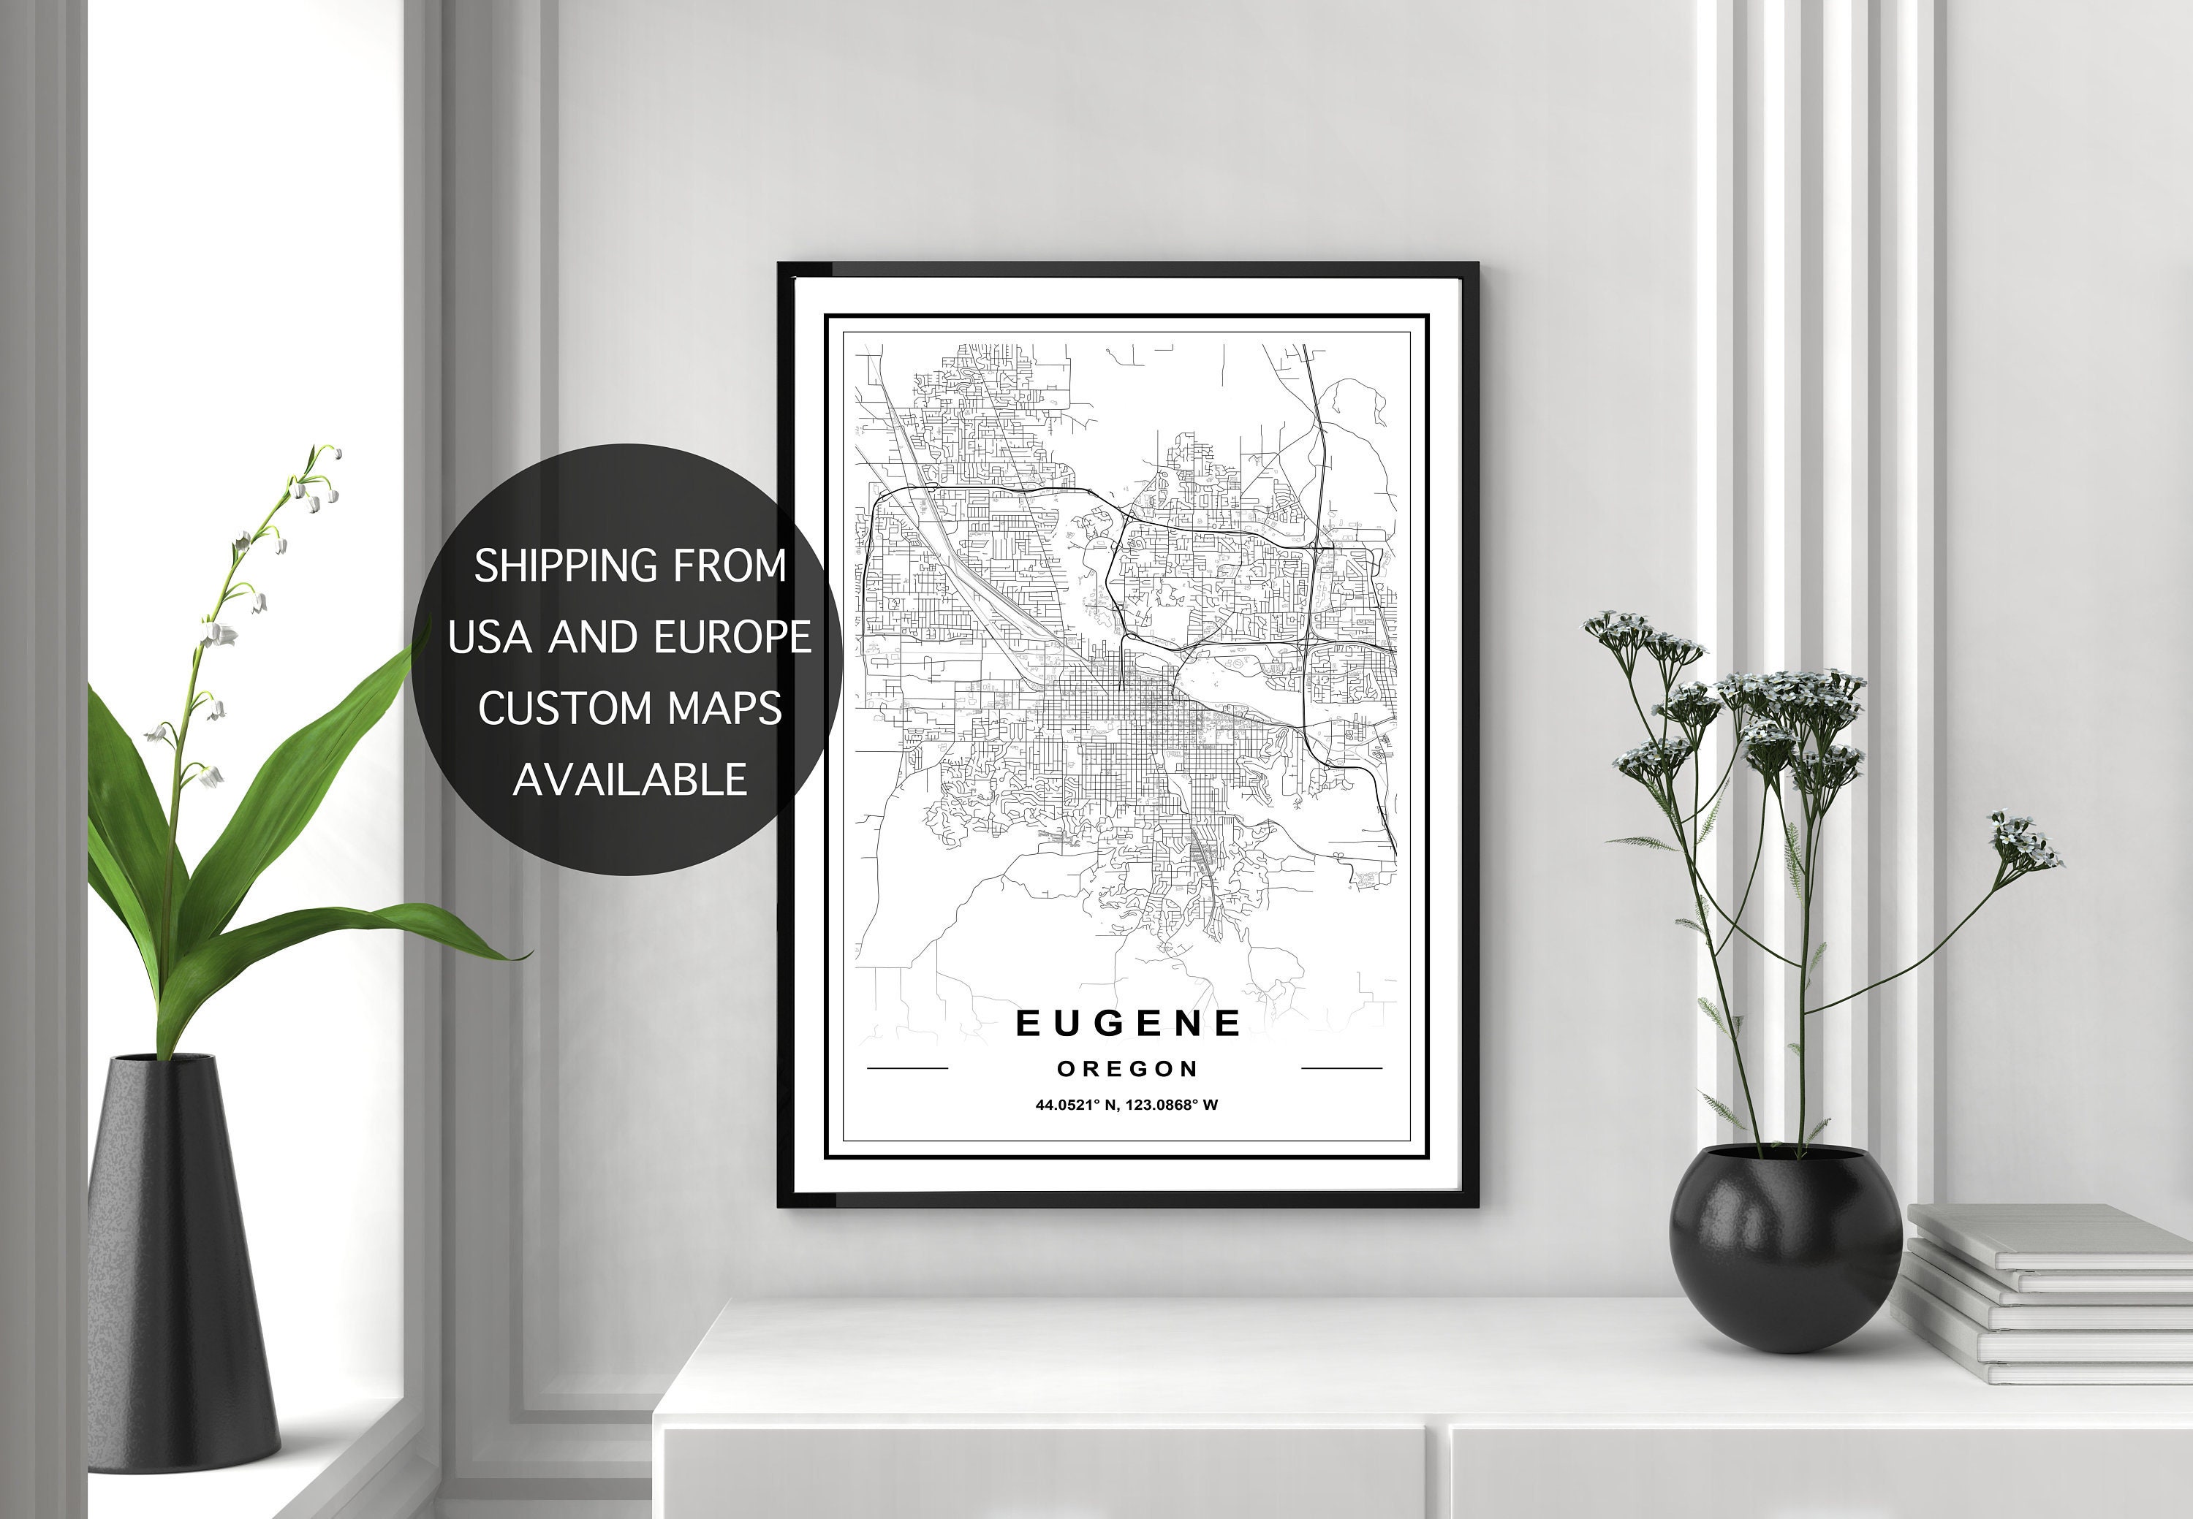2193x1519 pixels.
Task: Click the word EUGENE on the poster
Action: point(1129,1023)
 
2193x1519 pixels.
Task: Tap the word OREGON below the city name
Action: point(1127,1069)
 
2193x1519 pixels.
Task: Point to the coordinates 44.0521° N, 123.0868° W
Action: point(1126,1105)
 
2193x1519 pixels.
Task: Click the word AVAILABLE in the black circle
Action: point(629,780)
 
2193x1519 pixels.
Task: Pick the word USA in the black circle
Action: point(490,636)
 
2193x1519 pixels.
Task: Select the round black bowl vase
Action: point(1772,1246)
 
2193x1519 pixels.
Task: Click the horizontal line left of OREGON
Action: point(907,1069)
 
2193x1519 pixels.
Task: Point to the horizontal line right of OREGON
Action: point(1341,1069)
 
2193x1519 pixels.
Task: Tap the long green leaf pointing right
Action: point(381,928)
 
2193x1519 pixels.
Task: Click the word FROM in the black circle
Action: point(730,566)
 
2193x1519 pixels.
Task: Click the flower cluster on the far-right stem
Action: point(2023,842)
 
